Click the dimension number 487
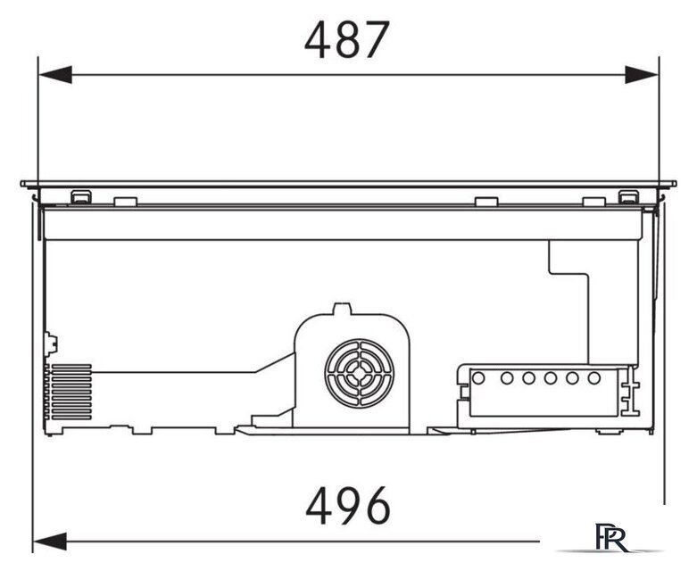point(347,40)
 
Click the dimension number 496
point(348,505)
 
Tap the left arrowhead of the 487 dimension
point(55,75)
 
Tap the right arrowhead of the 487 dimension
point(642,75)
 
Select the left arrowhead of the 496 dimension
point(50,542)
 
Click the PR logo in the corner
point(612,538)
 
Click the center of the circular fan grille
point(359,373)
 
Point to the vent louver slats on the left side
point(71,392)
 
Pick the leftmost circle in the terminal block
point(478,378)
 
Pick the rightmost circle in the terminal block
point(593,378)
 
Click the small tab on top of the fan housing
point(343,309)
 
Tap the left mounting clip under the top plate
point(81,197)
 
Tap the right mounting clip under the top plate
point(628,197)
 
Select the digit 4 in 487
point(318,40)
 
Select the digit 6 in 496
point(377,505)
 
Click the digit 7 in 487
point(376,40)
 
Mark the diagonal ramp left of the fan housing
point(274,362)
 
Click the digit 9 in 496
point(347,505)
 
